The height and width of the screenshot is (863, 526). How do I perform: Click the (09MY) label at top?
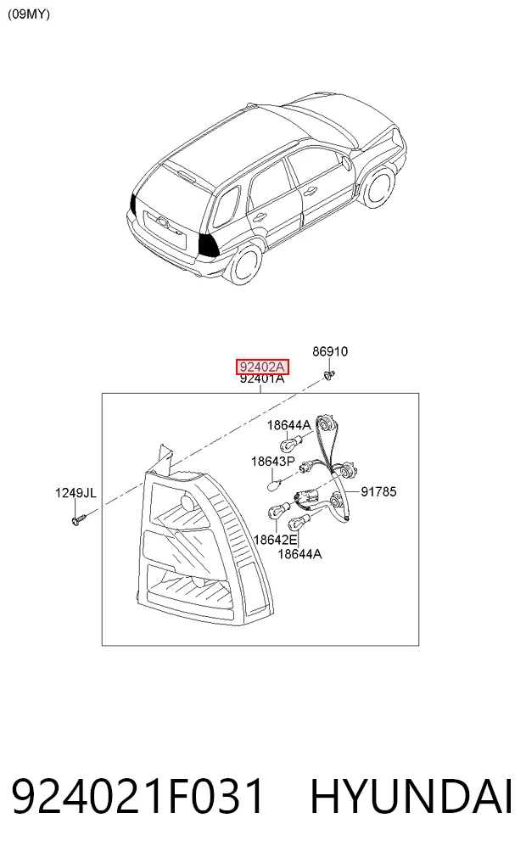coord(29,14)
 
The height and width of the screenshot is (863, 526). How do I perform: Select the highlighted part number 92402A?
coord(262,367)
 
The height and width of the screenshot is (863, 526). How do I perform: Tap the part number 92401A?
coord(262,378)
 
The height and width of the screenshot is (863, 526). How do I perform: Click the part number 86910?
coord(330,351)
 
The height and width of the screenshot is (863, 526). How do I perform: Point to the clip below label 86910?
coord(329,375)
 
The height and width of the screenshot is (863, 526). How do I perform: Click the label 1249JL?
coord(76,492)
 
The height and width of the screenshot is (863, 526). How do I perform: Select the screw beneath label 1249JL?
coord(78,518)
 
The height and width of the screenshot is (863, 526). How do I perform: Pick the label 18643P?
coord(273,462)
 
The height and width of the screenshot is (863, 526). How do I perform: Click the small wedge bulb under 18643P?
coord(275,485)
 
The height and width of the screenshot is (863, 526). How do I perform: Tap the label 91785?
coord(378,491)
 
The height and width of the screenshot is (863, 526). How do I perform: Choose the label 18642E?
coord(275,540)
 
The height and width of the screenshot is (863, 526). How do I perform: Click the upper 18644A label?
coord(288,425)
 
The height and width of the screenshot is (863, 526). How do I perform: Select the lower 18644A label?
coord(299,553)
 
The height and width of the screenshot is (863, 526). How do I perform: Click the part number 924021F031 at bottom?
coord(137,797)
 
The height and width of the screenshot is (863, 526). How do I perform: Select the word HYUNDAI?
coord(411,797)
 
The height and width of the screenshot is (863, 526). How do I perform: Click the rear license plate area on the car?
coord(165,224)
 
